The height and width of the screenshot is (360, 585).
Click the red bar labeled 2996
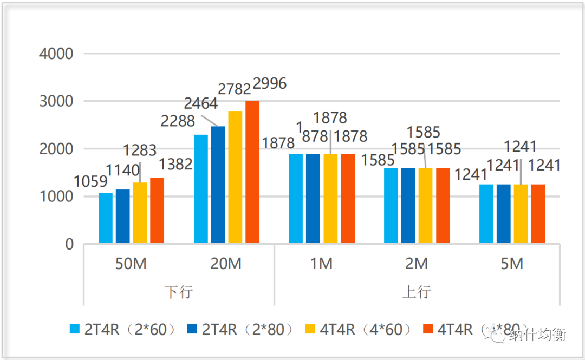[x=252, y=172]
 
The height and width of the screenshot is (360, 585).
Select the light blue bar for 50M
[x=106, y=218]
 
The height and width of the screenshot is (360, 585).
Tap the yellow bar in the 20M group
[x=235, y=177]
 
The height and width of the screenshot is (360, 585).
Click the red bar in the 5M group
[x=538, y=214]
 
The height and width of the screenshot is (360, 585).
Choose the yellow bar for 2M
[x=426, y=206]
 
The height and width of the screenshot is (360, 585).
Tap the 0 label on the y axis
[x=69, y=244]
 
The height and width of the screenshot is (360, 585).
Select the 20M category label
[x=226, y=264]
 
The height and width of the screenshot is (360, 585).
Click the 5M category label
[x=512, y=264]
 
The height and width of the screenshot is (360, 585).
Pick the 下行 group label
[x=178, y=292]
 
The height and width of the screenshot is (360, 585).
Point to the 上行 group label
[x=417, y=292]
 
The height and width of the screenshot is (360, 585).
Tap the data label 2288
[x=178, y=121]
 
